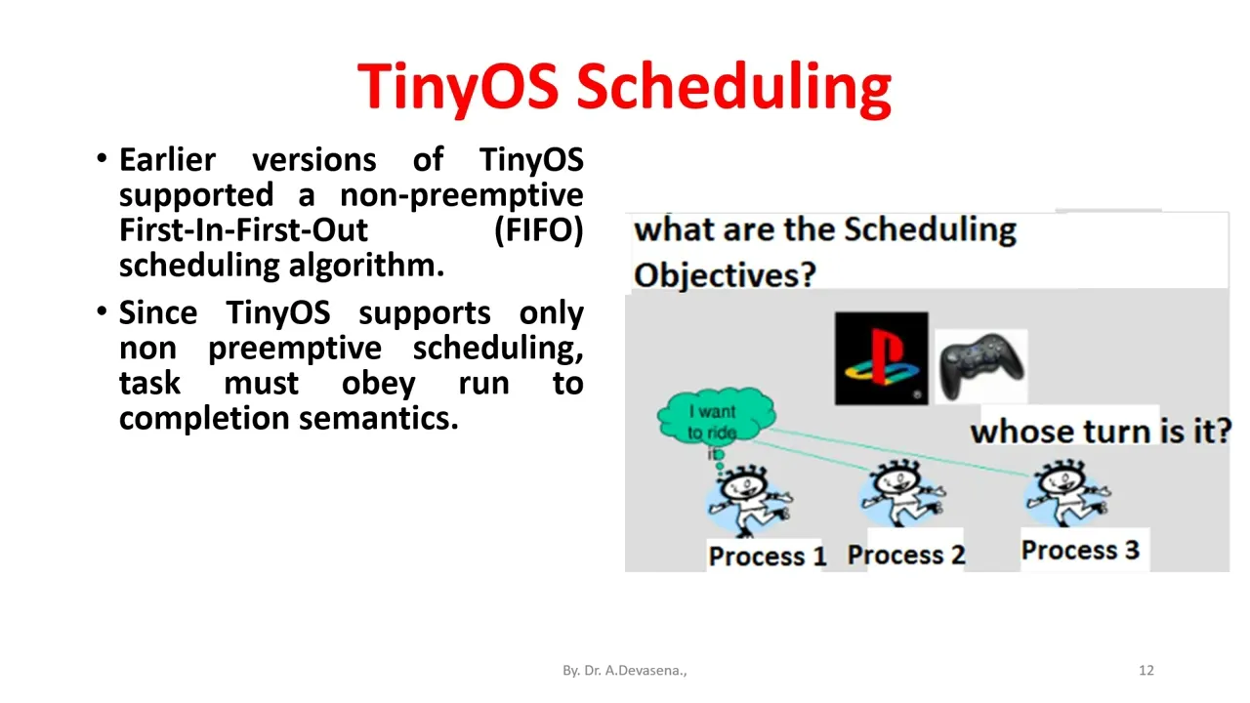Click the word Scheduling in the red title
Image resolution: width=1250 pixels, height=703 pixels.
(733, 89)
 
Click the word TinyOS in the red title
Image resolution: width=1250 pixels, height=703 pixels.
(458, 89)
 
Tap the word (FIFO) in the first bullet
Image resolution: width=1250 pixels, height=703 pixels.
(539, 229)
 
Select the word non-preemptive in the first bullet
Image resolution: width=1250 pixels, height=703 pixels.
(462, 196)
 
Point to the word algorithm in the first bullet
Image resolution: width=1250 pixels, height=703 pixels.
(366, 266)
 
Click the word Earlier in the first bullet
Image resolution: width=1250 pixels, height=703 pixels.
(167, 160)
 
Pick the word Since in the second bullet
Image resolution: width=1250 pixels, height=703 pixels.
(158, 313)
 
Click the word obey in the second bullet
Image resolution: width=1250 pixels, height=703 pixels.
(378, 384)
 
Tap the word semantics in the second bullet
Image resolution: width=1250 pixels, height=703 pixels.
(378, 419)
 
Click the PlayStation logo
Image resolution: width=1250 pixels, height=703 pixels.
(881, 358)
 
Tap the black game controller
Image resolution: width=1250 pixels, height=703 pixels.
(981, 366)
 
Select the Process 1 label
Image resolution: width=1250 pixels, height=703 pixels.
(768, 556)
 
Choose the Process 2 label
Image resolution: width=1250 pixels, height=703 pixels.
(906, 555)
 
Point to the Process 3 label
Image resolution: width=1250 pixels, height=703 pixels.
(1080, 550)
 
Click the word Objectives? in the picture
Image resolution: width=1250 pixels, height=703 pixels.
(725, 275)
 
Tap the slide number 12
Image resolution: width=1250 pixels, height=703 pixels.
(1146, 670)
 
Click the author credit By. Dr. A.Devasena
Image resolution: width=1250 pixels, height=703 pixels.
(624, 670)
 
